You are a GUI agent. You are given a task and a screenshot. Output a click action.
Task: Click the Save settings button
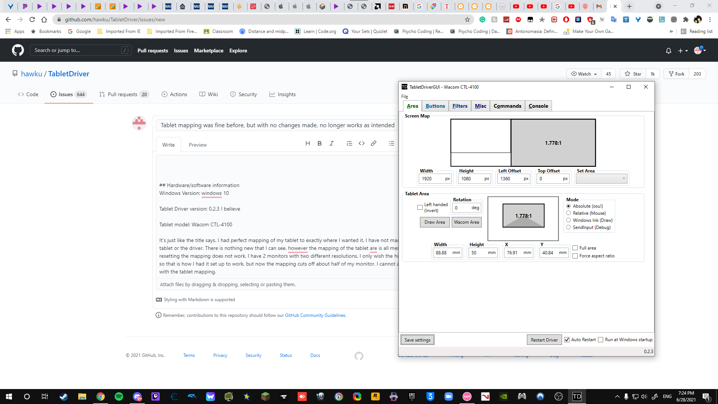coord(417,340)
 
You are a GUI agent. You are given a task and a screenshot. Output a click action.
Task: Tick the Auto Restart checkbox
coord(567,340)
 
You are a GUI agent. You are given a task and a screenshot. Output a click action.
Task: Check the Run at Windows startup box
coord(601,340)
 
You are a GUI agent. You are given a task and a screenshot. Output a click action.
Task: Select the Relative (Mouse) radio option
coord(568,213)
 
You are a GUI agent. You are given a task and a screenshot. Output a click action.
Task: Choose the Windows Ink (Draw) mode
coord(568,220)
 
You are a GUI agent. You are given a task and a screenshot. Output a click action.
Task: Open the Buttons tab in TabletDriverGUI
coord(435,106)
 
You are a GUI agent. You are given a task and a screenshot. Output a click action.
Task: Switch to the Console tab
coord(538,106)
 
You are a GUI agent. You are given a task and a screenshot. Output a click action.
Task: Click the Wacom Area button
coord(466,222)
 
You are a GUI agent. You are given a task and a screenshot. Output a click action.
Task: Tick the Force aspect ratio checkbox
coord(575,256)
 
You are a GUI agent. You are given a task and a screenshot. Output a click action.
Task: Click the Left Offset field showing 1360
coord(510,179)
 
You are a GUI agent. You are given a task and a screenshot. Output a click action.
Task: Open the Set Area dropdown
coord(601,179)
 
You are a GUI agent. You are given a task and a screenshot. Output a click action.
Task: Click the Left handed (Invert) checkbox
coord(420,208)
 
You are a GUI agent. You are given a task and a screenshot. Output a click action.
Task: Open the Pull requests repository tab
coord(123,94)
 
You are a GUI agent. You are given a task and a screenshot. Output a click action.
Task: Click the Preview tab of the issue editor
coord(197,145)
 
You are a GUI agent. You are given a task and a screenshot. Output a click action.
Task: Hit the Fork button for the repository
coord(677,74)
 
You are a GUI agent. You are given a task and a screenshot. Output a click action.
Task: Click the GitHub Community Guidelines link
coord(315,315)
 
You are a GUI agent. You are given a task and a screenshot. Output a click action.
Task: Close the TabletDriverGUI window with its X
coord(646,87)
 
